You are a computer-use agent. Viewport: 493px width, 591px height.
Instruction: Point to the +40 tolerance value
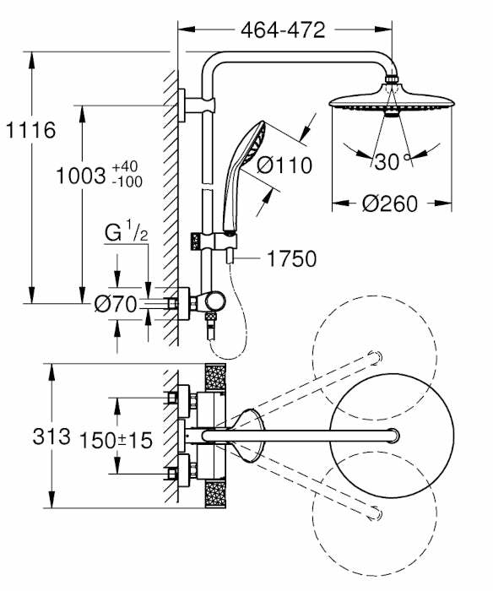tap(127, 166)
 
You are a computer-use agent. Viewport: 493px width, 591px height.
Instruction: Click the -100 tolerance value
tap(127, 182)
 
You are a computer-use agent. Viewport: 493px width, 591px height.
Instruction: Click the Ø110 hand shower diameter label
tap(285, 165)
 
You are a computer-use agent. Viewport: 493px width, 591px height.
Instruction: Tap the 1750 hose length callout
tap(292, 259)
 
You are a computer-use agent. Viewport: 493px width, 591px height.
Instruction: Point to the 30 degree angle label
tap(387, 162)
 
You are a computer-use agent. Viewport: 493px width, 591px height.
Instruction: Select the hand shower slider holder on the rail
tap(226, 241)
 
